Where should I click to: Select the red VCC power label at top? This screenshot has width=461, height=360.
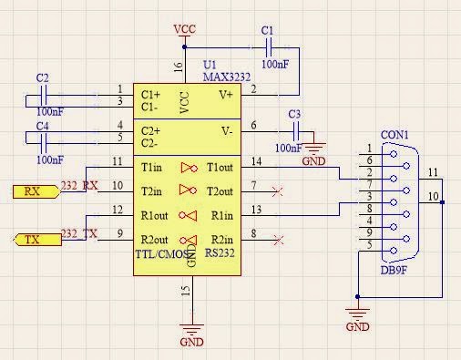[x=185, y=30]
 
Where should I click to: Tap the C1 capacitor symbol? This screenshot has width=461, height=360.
[x=267, y=47]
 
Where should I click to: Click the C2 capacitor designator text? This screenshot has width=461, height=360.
[x=42, y=78]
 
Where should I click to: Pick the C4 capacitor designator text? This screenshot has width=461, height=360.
[x=42, y=126]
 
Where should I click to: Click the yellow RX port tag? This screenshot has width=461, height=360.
[x=34, y=191]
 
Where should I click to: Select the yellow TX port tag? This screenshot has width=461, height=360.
[x=34, y=240]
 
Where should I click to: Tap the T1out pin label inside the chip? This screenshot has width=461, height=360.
[x=220, y=168]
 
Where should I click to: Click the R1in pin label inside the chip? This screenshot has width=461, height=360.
[x=221, y=216]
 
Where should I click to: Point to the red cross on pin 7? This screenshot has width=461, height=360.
[x=277, y=191]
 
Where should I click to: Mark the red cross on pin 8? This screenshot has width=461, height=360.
[x=277, y=240]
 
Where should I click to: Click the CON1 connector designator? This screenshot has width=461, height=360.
[x=394, y=136]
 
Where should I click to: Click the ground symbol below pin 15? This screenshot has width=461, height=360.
[x=191, y=333]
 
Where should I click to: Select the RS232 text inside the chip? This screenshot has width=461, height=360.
[x=222, y=252]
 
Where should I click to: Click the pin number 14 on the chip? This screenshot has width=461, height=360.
[x=256, y=161]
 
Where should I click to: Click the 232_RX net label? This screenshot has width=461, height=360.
[x=78, y=186]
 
